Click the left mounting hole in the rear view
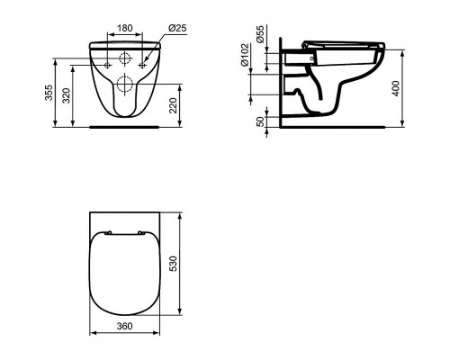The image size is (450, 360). click(107, 65)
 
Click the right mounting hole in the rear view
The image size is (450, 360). click(141, 65)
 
